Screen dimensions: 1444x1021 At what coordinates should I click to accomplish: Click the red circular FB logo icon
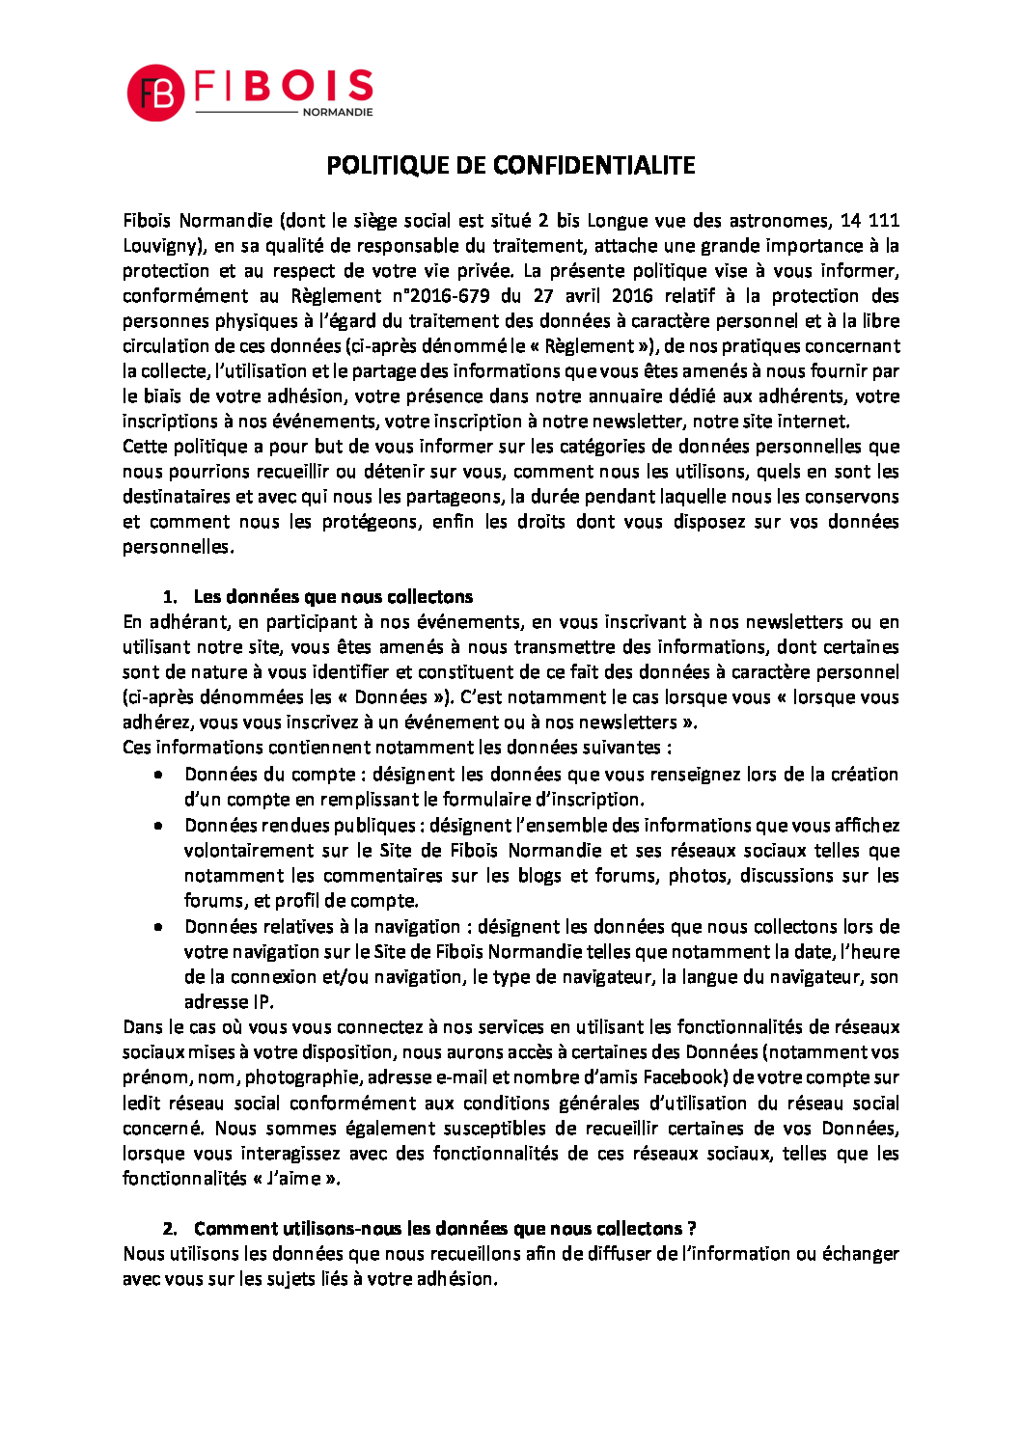point(155,94)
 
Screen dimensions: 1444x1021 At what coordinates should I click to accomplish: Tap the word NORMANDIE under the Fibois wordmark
point(338,113)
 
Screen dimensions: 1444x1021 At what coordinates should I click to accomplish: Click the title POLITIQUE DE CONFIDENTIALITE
point(510,166)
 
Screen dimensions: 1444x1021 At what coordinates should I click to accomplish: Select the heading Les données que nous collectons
point(333,597)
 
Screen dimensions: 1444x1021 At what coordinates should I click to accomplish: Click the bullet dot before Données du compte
point(158,774)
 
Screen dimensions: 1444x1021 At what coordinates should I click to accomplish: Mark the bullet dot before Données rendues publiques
point(158,826)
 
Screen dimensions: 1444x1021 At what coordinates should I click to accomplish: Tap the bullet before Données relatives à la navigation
point(158,927)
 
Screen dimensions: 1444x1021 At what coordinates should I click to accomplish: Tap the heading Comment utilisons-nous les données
point(444,1229)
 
